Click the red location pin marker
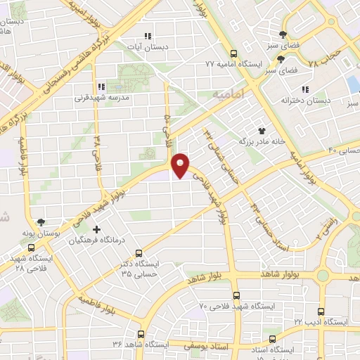click(181, 165)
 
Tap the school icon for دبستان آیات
click(147, 37)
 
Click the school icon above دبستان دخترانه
click(304, 89)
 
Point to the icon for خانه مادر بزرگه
click(262, 130)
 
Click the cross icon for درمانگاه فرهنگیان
click(96, 229)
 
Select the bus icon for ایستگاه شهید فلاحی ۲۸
click(30, 247)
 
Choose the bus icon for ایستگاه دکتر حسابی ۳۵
click(139, 252)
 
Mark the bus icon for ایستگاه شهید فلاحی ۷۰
click(235, 295)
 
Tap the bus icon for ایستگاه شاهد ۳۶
click(141, 334)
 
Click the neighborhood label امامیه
click(226, 92)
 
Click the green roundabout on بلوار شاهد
click(325, 276)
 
